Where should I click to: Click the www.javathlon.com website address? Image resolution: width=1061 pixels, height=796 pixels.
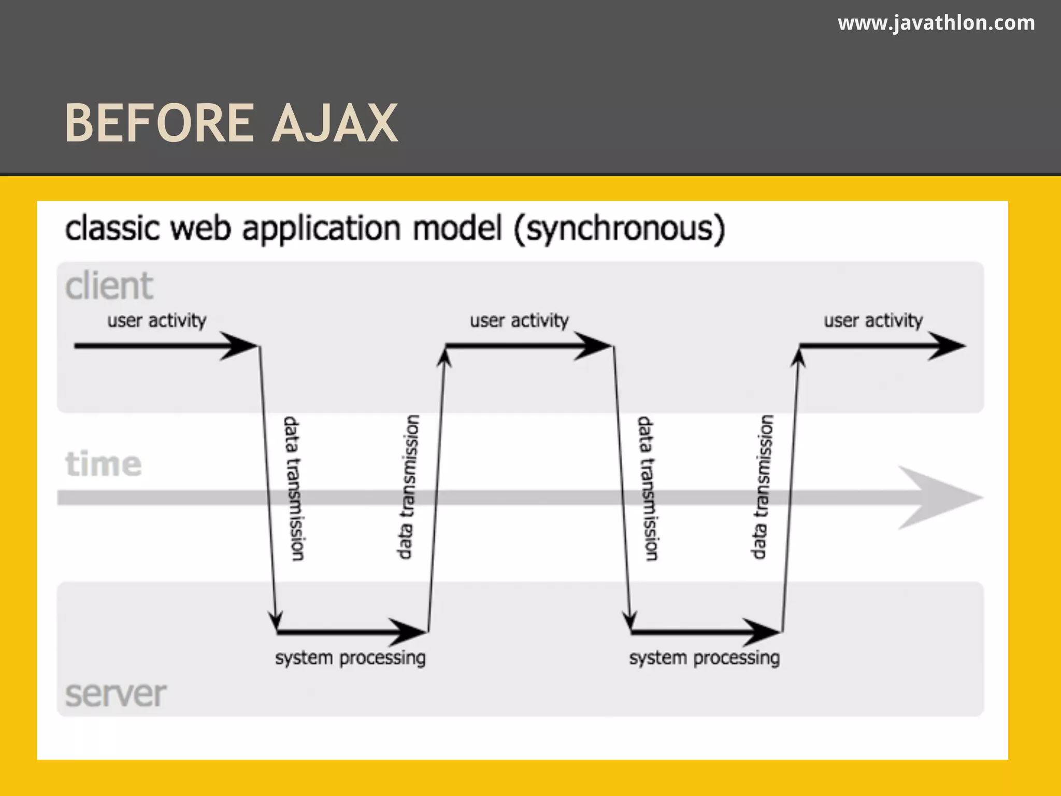[x=936, y=23]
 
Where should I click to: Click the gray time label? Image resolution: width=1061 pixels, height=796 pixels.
[x=103, y=464]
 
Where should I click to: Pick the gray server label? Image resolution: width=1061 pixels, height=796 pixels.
[x=116, y=694]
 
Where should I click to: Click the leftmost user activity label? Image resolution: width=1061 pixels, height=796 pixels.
[x=156, y=321]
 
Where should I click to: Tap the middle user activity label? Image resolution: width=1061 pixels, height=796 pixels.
[x=519, y=321]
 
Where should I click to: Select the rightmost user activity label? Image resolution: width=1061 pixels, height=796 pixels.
[x=873, y=321]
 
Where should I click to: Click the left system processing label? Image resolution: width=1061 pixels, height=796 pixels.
[x=350, y=658]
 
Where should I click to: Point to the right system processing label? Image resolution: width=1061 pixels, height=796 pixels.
[x=705, y=658]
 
